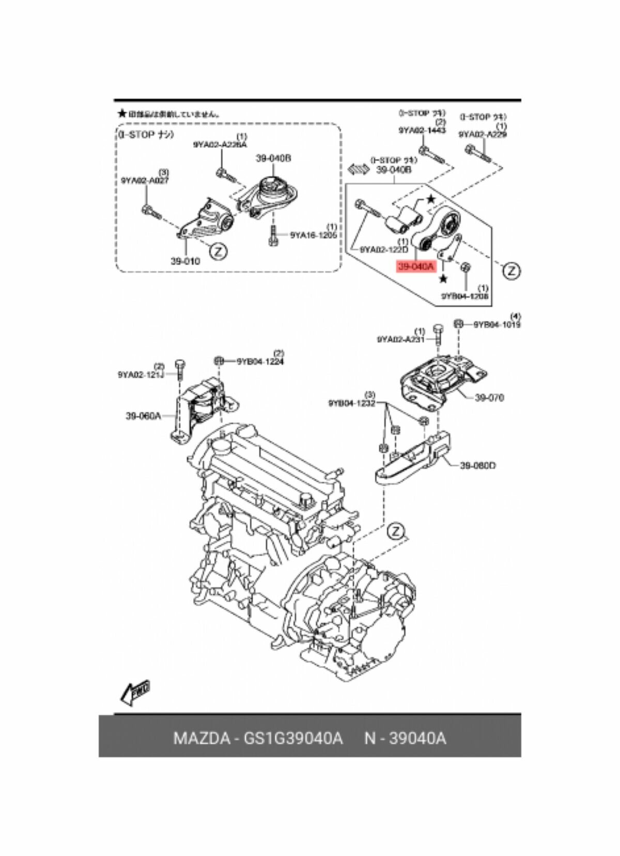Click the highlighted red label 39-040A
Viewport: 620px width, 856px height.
click(x=416, y=267)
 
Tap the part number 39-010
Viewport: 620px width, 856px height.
click(x=185, y=261)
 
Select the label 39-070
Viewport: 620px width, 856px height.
click(x=489, y=398)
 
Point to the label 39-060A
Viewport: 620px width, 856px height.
click(x=143, y=415)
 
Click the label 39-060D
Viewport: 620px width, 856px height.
click(x=478, y=465)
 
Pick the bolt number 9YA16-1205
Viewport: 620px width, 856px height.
click(x=313, y=235)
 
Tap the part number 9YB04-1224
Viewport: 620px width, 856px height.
click(x=260, y=361)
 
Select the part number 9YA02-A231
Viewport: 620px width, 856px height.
click(x=400, y=340)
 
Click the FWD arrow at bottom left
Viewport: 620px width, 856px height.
click(x=134, y=693)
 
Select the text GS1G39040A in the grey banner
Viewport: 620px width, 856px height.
click(x=293, y=738)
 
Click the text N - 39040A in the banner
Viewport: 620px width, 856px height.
click(x=405, y=738)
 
